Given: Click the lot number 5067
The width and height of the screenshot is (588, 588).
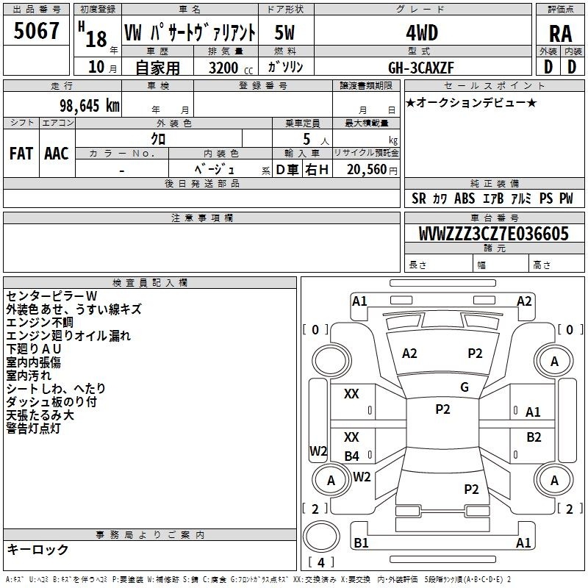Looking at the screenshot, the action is click(x=36, y=31).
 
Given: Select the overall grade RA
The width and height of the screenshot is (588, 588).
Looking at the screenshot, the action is click(x=560, y=34).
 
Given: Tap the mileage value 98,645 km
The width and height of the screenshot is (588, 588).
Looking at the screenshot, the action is click(x=89, y=106).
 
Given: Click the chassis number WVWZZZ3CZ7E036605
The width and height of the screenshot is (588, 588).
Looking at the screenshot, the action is click(x=493, y=234).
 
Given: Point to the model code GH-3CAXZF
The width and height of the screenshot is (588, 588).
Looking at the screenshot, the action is click(x=420, y=68).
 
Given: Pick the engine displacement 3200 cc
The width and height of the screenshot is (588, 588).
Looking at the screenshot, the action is click(x=231, y=68).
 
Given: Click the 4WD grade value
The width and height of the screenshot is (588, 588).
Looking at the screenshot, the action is click(x=422, y=33).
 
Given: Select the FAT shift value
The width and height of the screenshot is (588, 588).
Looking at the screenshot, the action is click(x=21, y=154).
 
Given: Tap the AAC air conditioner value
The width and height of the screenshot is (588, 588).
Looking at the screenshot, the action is click(x=57, y=154).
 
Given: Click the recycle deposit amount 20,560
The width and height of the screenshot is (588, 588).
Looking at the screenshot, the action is click(x=366, y=169).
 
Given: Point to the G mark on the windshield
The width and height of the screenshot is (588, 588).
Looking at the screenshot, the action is click(x=465, y=387).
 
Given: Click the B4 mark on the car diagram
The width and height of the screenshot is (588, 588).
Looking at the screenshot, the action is click(x=352, y=456).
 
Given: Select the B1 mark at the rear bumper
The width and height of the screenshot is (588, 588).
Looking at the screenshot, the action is click(x=361, y=542).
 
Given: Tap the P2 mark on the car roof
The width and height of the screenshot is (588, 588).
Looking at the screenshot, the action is click(x=442, y=409).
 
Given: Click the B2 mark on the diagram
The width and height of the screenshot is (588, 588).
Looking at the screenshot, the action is click(x=534, y=437).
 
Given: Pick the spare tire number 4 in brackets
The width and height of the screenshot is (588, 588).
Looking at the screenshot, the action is click(x=321, y=562).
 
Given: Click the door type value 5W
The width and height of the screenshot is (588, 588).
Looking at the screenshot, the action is click(x=284, y=32).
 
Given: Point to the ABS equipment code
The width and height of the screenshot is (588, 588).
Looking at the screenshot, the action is click(x=465, y=198).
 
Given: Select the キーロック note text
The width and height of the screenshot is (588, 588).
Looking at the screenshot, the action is click(x=37, y=549).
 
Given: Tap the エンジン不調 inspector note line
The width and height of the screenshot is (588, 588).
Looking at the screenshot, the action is click(x=40, y=322).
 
